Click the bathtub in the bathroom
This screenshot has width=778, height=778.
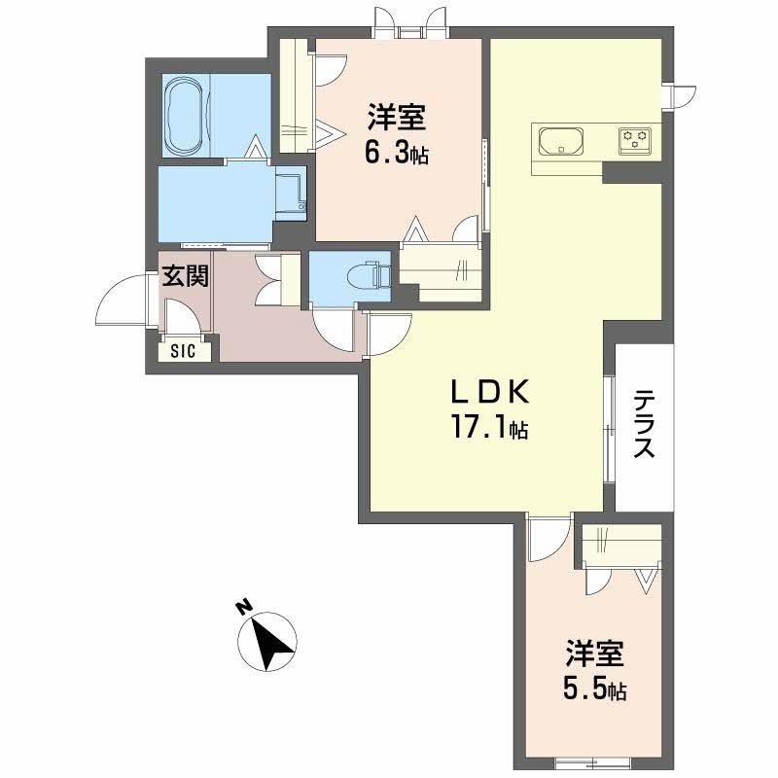[x=184, y=116]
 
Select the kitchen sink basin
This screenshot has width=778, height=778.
[x=561, y=141]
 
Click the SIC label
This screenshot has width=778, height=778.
[x=183, y=351]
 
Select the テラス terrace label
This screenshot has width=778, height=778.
[x=645, y=423]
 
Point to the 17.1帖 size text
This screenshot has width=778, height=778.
[x=489, y=428]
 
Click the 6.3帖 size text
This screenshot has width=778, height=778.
[x=397, y=154]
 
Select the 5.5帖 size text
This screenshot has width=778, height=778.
[x=594, y=690]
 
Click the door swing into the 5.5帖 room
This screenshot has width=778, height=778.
[x=549, y=539]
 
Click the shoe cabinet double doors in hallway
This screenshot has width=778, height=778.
[x=270, y=279]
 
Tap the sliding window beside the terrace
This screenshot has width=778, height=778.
[x=609, y=429]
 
